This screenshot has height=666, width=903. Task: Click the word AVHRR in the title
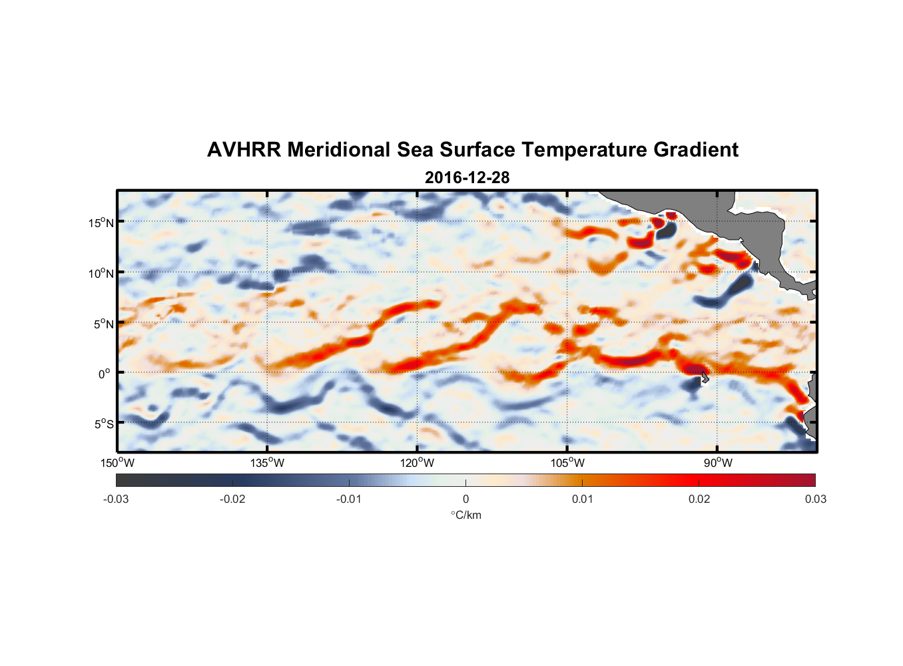click(243, 150)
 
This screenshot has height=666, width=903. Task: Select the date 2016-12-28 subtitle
click(467, 177)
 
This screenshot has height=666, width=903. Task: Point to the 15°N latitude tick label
click(101, 222)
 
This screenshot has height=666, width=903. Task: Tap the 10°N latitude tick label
click(101, 273)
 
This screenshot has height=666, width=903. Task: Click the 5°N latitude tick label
click(103, 324)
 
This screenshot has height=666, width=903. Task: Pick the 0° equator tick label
click(105, 374)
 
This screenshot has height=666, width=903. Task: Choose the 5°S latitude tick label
click(103, 424)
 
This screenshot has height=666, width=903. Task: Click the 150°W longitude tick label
click(117, 463)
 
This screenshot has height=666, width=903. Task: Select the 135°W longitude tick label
click(268, 463)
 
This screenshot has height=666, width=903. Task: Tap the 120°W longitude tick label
click(418, 463)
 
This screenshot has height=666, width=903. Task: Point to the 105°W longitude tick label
click(567, 463)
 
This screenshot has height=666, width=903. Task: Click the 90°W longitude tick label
click(718, 463)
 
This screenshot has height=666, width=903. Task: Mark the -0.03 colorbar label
click(116, 499)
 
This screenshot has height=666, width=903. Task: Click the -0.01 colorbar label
click(349, 499)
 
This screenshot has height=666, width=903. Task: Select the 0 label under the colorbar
click(465, 499)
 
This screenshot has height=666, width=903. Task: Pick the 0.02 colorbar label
click(699, 499)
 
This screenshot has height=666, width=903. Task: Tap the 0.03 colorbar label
click(815, 499)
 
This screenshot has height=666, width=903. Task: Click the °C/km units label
click(465, 515)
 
